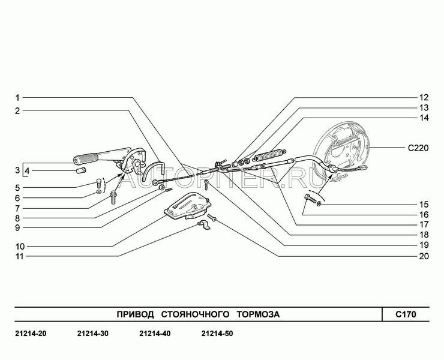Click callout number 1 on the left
tap(18, 97)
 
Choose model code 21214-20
tap(29, 334)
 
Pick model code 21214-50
tap(217, 334)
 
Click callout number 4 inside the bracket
tap(28, 171)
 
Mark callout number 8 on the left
tap(18, 218)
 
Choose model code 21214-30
tap(92, 334)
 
